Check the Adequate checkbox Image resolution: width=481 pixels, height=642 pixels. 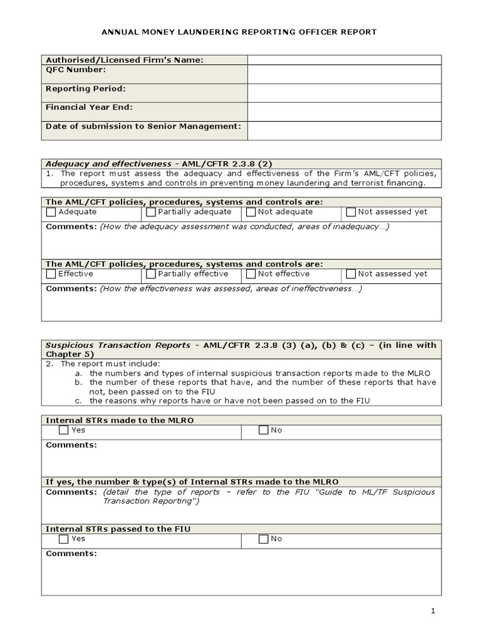(x=51, y=213)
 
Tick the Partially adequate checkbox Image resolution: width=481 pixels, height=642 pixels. (x=151, y=213)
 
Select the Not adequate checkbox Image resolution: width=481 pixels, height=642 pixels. (x=251, y=213)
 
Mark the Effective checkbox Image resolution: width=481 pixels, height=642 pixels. (x=51, y=275)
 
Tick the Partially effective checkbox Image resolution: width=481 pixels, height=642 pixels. (x=151, y=275)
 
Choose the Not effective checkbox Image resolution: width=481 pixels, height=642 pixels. (x=251, y=275)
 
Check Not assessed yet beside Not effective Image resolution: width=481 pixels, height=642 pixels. (x=351, y=275)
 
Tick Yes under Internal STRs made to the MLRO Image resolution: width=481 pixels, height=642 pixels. (x=64, y=431)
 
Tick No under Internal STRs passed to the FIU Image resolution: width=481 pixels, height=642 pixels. (x=264, y=539)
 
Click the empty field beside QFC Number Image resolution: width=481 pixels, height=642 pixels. (x=344, y=74)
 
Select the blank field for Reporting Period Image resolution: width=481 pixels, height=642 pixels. (x=344, y=93)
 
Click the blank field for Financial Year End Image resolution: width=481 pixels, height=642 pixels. (x=344, y=112)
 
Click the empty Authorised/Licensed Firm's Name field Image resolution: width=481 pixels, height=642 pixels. (x=344, y=60)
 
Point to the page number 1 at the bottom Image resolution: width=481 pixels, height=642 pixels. (x=433, y=611)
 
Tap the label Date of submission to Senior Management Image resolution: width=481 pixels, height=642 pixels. (x=143, y=127)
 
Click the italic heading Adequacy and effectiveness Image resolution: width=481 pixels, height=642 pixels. (x=108, y=164)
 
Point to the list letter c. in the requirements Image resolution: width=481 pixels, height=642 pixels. (x=78, y=401)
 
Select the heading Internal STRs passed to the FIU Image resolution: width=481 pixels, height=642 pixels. (x=118, y=529)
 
